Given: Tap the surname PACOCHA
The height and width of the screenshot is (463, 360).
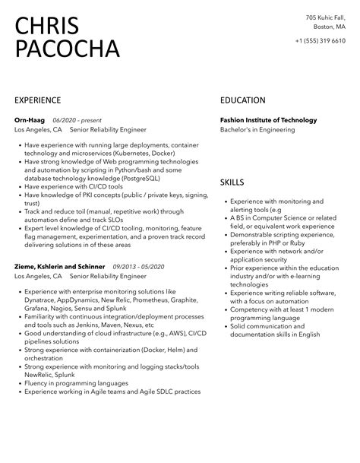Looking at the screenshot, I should (x=68, y=49).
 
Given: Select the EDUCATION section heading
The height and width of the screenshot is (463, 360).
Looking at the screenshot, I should (x=242, y=100).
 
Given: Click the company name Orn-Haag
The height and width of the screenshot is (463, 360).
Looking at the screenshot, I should (x=30, y=119).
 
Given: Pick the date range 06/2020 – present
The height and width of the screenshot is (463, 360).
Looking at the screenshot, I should (x=77, y=119).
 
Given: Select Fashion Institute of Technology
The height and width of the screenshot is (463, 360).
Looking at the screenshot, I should (x=268, y=119).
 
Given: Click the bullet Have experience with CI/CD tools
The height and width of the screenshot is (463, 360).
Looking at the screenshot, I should (x=72, y=186).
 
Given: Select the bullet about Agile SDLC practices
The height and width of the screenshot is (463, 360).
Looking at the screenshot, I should (x=112, y=392).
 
